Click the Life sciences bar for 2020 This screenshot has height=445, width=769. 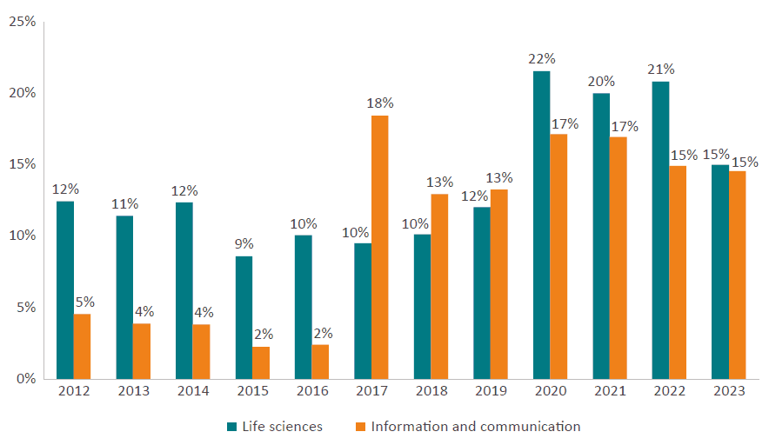tap(541, 225)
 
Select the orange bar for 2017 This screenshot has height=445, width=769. tap(380, 247)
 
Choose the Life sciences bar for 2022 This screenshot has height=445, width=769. tap(660, 230)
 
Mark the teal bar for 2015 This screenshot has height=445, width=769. tap(244, 317)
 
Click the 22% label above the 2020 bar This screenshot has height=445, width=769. tap(541, 59)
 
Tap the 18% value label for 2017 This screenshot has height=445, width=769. tap(380, 103)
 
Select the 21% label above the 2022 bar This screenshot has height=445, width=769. tap(661, 70)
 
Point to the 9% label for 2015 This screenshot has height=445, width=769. tap(244, 244)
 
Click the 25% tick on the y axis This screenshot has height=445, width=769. tap(23, 21)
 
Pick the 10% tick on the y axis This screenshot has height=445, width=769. tap(23, 236)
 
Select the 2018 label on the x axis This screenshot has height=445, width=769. tap(431, 392)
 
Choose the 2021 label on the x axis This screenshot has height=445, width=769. tap(609, 392)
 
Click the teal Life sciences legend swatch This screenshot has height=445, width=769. tap(231, 427)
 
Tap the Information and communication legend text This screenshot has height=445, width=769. tap(475, 427)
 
